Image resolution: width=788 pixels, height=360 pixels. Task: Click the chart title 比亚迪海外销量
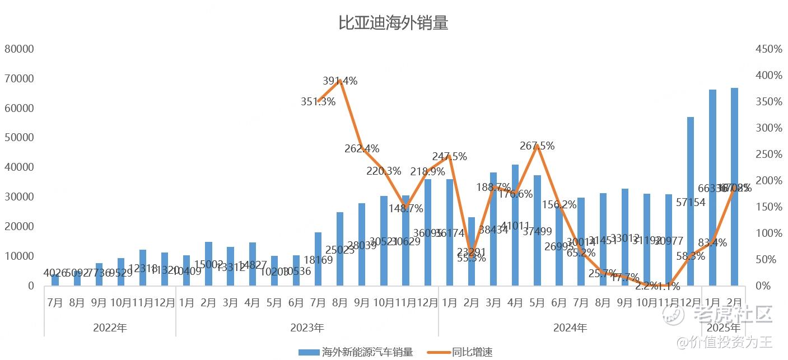pyautogui.click(x=393, y=24)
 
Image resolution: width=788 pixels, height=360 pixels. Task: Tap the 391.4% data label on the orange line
pyautogui.click(x=340, y=81)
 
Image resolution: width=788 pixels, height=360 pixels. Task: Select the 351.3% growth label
pyautogui.click(x=318, y=102)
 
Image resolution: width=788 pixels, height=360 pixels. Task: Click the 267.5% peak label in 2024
pyautogui.click(x=537, y=146)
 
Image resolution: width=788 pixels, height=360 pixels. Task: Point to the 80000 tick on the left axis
pyautogui.click(x=20, y=49)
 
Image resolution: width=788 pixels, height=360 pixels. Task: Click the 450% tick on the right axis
pyautogui.click(x=768, y=49)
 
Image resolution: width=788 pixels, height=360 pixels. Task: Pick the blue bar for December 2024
pyautogui.click(x=691, y=202)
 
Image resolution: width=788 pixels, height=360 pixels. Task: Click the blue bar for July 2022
pyautogui.click(x=55, y=279)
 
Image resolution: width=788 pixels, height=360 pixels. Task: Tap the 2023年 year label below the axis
pyautogui.click(x=307, y=328)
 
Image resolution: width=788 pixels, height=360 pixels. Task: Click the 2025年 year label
pyautogui.click(x=723, y=328)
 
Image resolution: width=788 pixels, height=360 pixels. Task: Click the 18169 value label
pyautogui.click(x=318, y=260)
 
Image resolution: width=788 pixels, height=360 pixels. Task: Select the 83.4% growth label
pyautogui.click(x=712, y=243)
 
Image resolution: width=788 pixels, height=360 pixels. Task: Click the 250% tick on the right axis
pyautogui.click(x=768, y=154)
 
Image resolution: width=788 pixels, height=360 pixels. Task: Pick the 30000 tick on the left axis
pyautogui.click(x=20, y=197)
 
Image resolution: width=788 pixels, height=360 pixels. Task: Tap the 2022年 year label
pyautogui.click(x=110, y=328)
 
